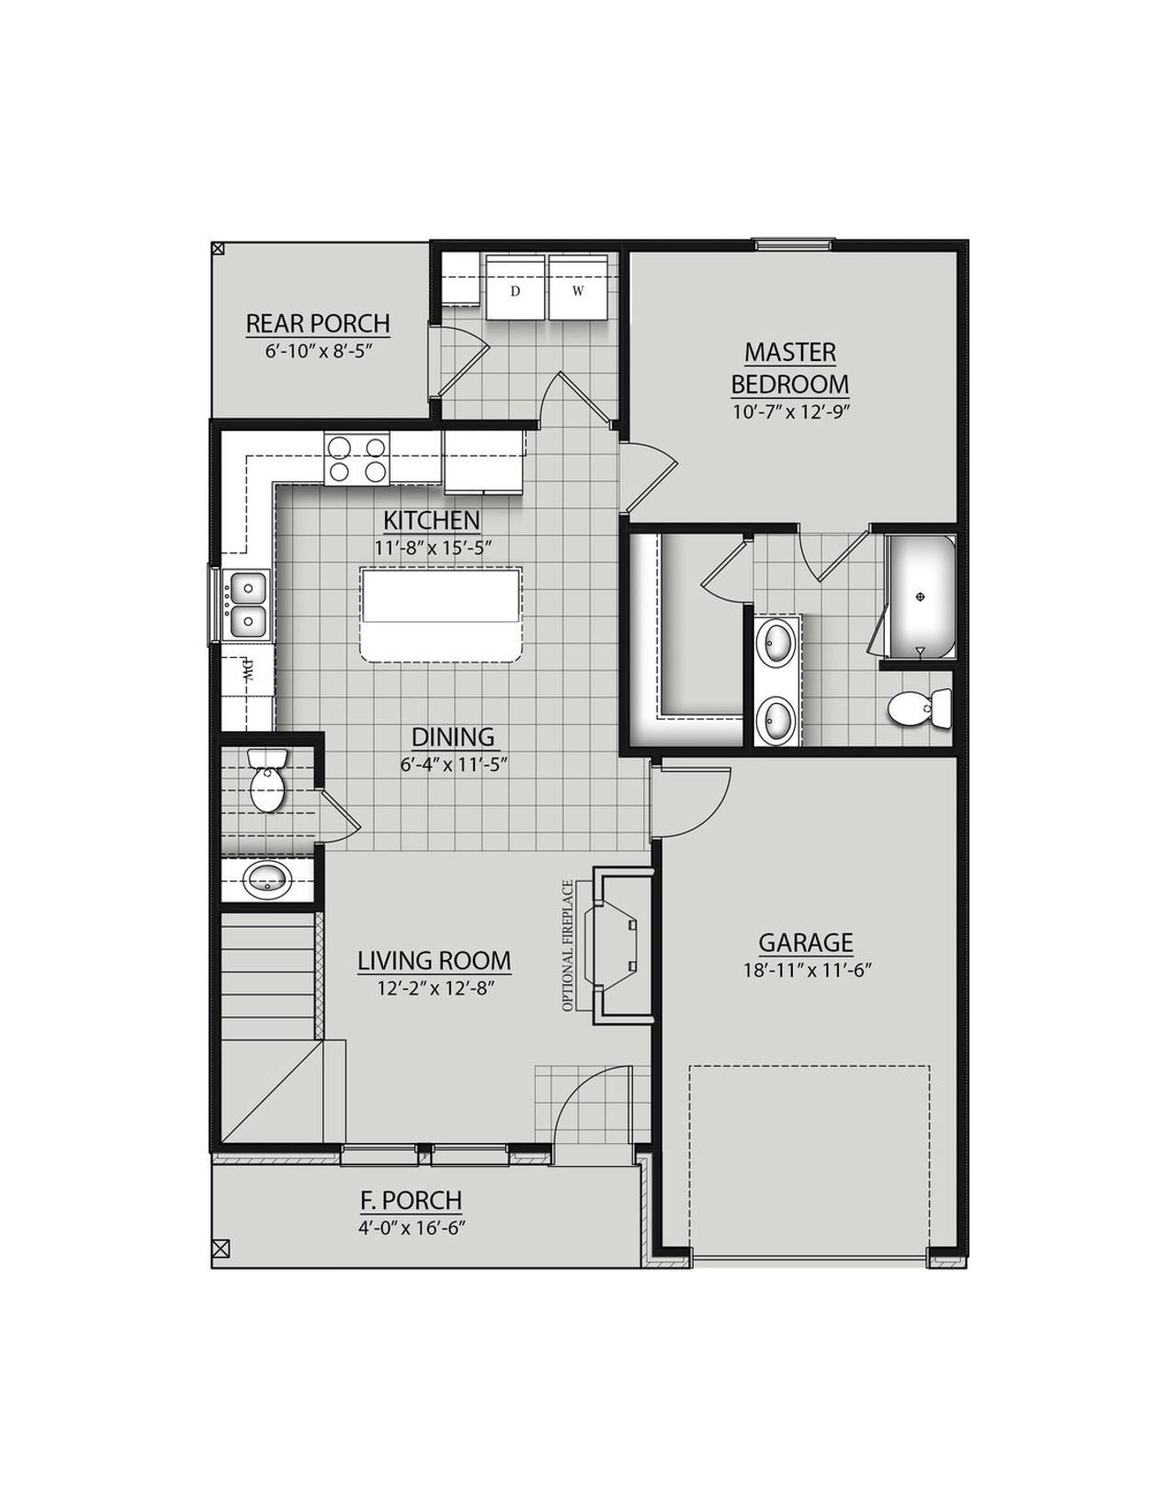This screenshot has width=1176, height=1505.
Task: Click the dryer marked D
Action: [515, 289]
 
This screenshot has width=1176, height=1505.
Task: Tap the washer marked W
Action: [578, 289]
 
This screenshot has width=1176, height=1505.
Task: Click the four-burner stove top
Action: [357, 459]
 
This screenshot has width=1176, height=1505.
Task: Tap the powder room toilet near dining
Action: [268, 780]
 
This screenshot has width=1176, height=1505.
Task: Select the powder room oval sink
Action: [267, 880]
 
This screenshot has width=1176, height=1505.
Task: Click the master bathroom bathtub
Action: [922, 595]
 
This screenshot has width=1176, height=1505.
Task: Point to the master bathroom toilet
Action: [920, 708]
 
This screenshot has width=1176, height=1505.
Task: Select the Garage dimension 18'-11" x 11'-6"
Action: [806, 969]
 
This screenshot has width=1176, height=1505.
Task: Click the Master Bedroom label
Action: [789, 368]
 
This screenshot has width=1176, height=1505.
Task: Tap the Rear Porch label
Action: [318, 324]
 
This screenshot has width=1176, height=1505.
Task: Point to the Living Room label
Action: [434, 961]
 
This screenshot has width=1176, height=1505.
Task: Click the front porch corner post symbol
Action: [220, 1248]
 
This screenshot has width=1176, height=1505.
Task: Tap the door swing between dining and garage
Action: [691, 801]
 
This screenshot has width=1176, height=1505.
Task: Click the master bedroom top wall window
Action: [793, 243]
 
